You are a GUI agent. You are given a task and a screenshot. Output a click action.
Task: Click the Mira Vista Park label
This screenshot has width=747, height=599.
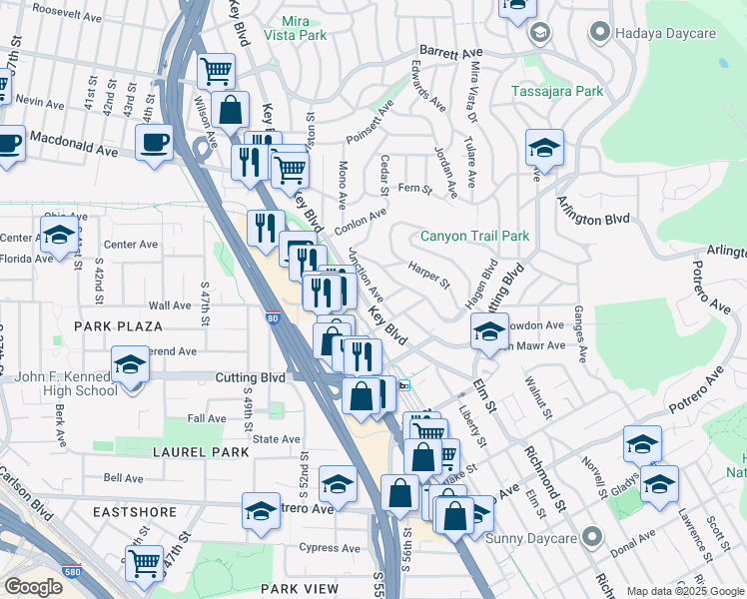click(295, 26)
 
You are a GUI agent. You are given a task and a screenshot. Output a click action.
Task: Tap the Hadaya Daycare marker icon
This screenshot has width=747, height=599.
click(599, 33)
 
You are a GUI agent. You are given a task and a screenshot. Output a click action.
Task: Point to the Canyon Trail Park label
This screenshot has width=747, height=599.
click(474, 237)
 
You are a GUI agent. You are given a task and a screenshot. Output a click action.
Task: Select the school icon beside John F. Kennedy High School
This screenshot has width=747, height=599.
click(130, 366)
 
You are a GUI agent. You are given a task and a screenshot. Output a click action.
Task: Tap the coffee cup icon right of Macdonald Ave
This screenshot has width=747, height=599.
click(154, 142)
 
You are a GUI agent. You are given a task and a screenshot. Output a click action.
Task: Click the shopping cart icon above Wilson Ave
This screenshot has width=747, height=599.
click(215, 71)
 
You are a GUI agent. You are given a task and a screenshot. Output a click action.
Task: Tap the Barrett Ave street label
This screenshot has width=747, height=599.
click(450, 50)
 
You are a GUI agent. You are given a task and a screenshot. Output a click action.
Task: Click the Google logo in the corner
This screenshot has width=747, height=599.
click(33, 587)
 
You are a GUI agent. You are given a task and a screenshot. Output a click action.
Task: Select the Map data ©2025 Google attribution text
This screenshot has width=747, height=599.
click(685, 591)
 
